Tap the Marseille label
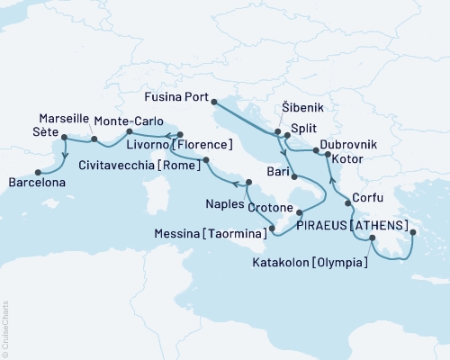pos(64,119)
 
